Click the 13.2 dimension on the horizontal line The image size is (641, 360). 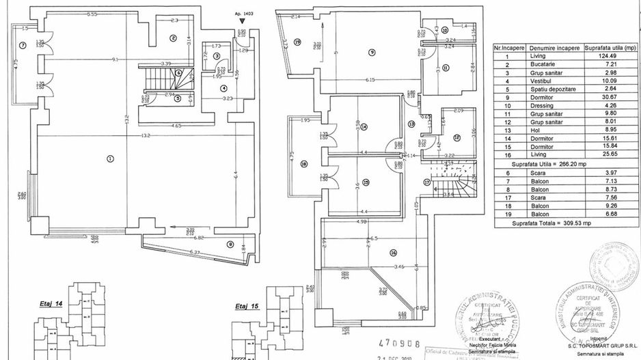126,135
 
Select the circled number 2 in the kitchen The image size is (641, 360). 174,38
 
